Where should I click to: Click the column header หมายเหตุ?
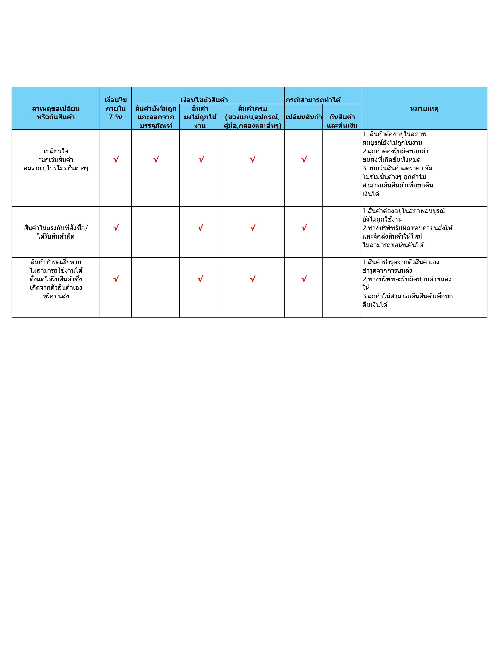click(x=424, y=108)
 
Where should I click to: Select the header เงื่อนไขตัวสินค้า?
click(x=204, y=100)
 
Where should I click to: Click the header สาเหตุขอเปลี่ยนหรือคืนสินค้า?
click(x=56, y=113)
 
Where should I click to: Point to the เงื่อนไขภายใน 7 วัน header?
click(x=115, y=108)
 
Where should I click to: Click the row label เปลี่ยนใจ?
click(x=56, y=151)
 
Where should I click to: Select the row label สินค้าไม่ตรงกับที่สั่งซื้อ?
click(x=56, y=228)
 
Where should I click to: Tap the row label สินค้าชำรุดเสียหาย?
click(x=56, y=262)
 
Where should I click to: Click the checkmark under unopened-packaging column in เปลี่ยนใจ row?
click(x=156, y=160)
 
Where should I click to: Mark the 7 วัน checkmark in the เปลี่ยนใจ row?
click(x=116, y=160)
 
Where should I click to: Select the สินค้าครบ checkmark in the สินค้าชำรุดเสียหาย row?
click(x=252, y=279)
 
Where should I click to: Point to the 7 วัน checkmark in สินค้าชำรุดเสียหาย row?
click(x=116, y=279)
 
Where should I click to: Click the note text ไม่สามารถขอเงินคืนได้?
click(x=393, y=245)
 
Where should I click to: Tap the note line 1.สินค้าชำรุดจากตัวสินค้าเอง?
click(x=400, y=262)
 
